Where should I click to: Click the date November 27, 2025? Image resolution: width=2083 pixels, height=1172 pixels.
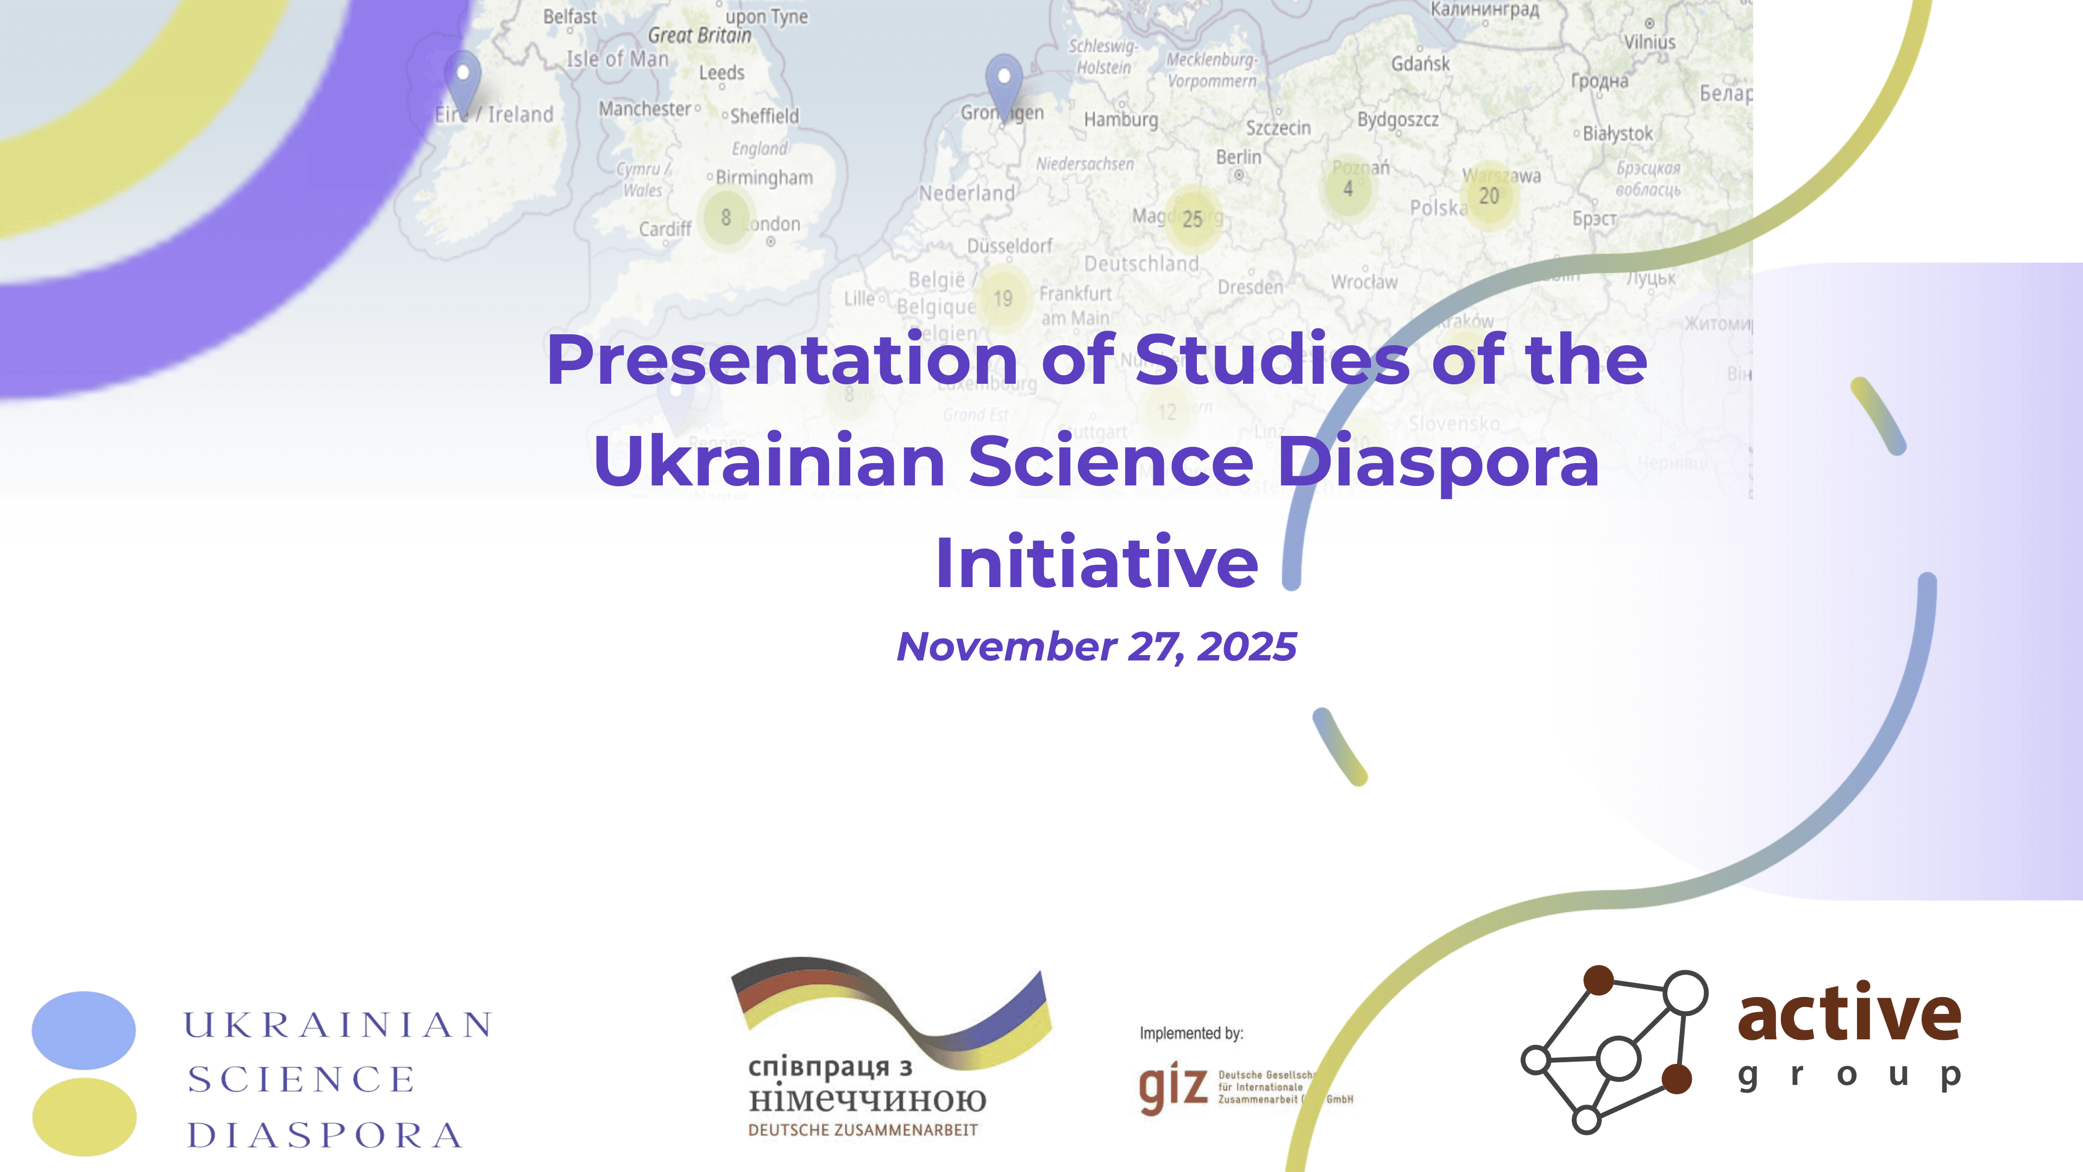1096,647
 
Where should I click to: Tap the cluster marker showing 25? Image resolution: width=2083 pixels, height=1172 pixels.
1192,219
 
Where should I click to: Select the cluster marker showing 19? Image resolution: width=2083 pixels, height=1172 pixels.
1003,298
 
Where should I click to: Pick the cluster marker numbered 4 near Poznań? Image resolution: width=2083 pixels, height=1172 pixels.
1348,189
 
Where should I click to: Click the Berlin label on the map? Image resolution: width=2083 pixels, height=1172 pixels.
1239,157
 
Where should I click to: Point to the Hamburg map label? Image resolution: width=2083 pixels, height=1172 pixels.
1121,120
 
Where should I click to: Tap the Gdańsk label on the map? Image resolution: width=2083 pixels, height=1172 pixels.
1420,63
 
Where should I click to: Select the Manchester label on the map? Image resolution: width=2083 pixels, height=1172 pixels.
644,108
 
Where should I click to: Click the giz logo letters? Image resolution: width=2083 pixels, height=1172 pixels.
1172,1088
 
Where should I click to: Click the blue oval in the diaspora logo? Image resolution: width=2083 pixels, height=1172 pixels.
83,1030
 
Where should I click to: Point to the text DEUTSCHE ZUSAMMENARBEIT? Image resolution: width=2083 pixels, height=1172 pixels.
863,1130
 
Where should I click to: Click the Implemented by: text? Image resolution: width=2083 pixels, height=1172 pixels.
1191,1033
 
